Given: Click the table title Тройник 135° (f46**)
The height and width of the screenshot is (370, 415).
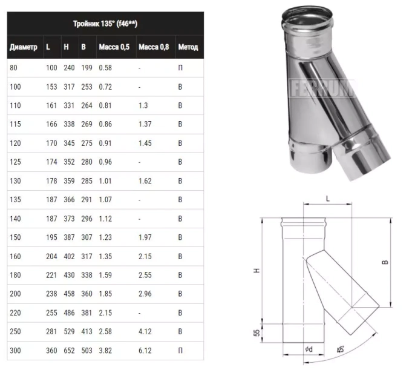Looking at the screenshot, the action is pyautogui.click(x=105, y=24).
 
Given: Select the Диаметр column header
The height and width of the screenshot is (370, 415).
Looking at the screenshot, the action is pyautogui.click(x=23, y=47).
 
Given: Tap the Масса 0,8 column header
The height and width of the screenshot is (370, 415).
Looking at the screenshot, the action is pyautogui.click(x=154, y=47).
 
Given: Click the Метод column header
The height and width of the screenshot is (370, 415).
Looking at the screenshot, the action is pyautogui.click(x=188, y=47).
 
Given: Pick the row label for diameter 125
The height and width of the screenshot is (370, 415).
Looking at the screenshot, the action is pyautogui.click(x=15, y=162).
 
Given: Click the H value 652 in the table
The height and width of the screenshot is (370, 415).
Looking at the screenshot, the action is pyautogui.click(x=69, y=351).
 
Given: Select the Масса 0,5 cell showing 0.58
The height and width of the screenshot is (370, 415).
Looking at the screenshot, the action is pyautogui.click(x=105, y=68).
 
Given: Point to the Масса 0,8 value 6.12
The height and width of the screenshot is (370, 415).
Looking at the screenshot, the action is pyautogui.click(x=145, y=351).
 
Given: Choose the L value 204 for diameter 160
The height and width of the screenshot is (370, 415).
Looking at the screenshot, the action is pyautogui.click(x=51, y=256).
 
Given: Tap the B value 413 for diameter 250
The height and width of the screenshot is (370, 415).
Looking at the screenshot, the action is pyautogui.click(x=87, y=331).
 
